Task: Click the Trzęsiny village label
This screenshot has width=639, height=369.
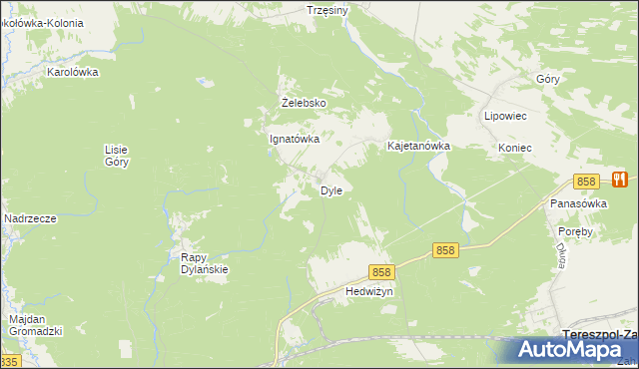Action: point(327,10)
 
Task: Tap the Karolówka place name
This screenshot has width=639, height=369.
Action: point(72,72)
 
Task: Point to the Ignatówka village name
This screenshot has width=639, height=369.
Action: point(295,140)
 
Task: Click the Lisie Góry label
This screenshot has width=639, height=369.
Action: point(117,155)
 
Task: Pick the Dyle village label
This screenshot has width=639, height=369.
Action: point(331,190)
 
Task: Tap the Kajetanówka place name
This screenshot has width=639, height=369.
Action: point(419,146)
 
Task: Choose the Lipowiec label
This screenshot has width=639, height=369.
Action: point(505,116)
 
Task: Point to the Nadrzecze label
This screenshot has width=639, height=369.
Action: point(29,218)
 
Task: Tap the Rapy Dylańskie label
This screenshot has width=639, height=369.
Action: point(205,263)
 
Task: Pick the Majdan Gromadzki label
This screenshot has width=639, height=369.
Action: point(36,325)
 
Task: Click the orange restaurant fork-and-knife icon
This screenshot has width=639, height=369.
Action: point(620,180)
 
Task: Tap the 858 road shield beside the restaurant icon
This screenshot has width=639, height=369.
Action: point(586,182)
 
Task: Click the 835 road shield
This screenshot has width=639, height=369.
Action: point(9,361)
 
